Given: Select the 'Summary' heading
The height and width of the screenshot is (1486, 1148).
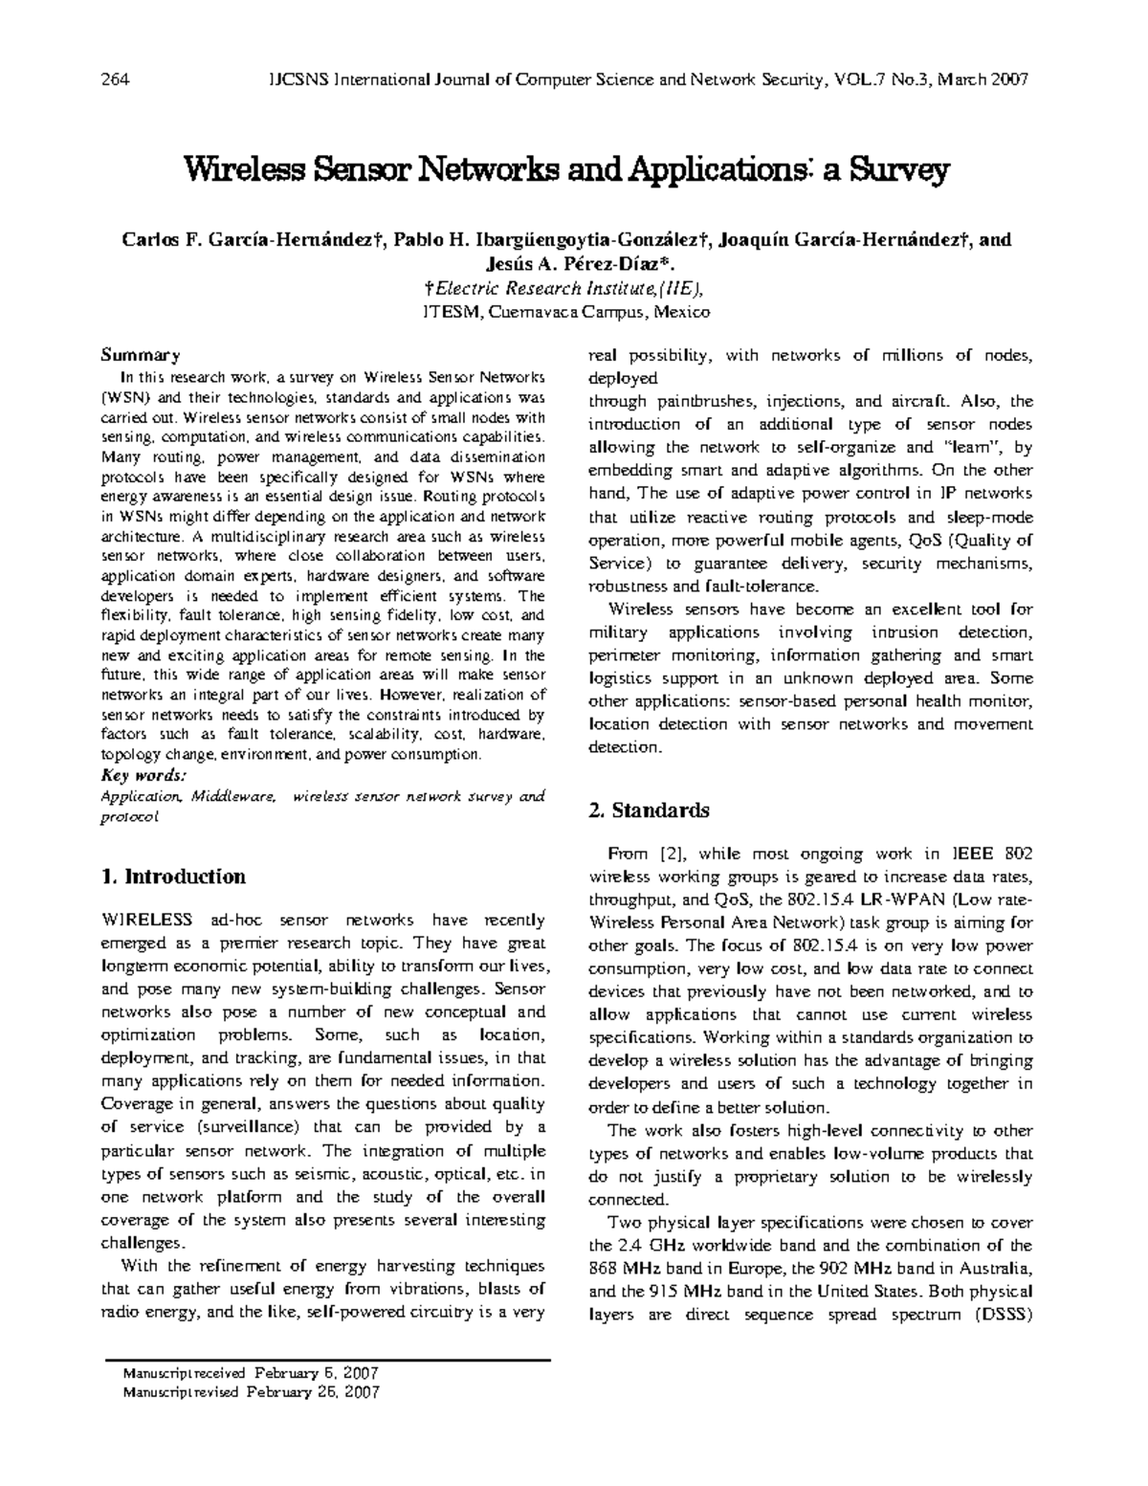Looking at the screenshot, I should (x=140, y=355).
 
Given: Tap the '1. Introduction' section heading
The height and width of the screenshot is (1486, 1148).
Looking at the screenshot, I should (x=173, y=876).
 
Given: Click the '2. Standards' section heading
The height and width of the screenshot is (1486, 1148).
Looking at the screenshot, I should (x=649, y=810).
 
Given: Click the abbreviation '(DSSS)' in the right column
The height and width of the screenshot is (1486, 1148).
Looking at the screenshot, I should (x=998, y=1314).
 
